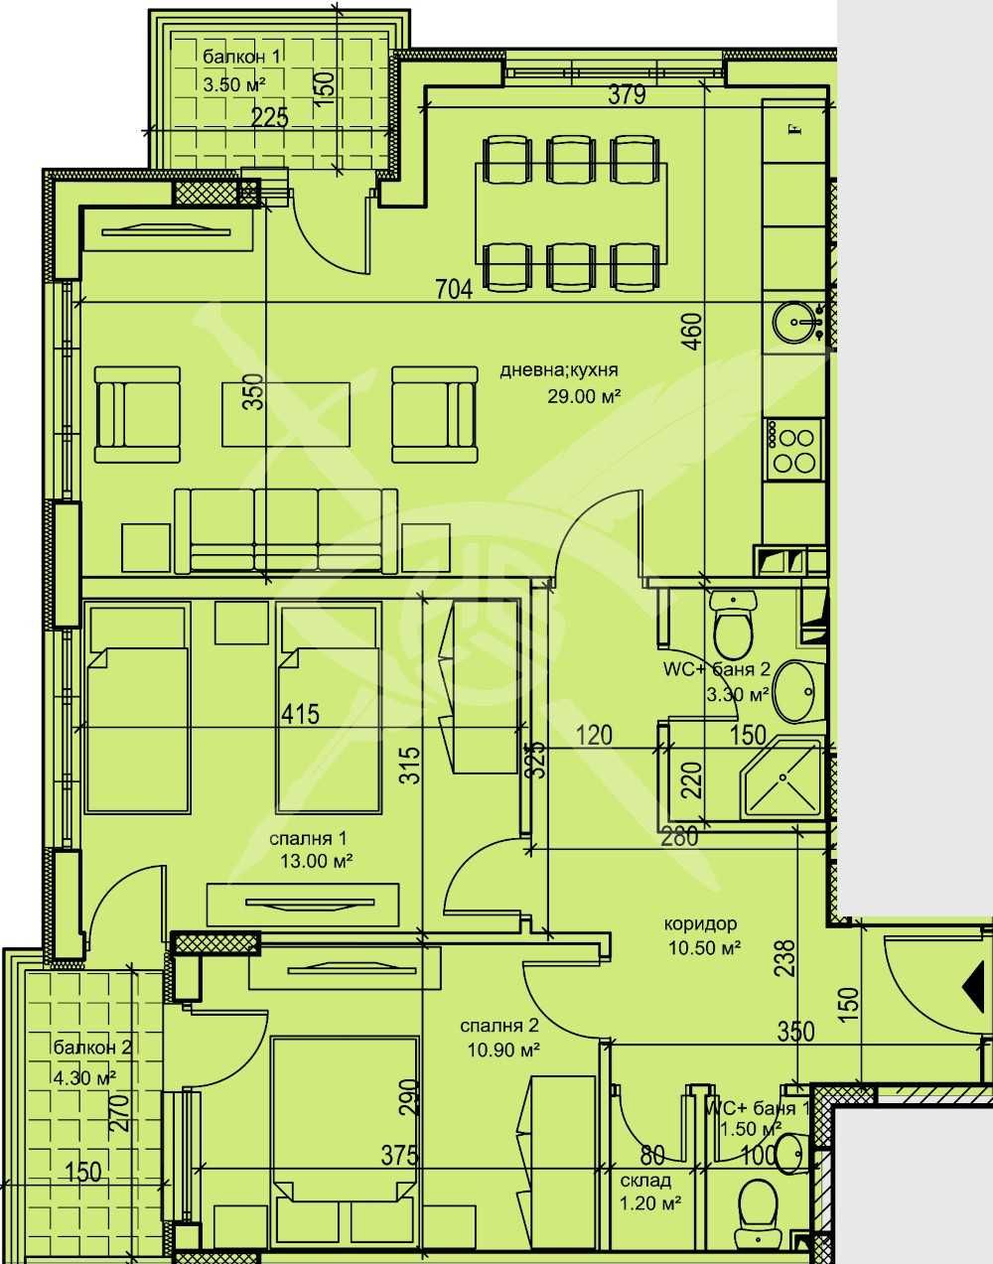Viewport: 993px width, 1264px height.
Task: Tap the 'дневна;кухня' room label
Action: tap(559, 370)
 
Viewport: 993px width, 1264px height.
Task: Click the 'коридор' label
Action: tap(701, 924)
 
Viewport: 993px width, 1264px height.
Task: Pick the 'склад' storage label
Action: tap(645, 1181)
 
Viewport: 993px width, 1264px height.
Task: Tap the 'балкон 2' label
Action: tap(92, 1047)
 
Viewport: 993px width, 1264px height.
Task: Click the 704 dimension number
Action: tap(453, 289)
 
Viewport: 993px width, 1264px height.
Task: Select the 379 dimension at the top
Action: tap(628, 95)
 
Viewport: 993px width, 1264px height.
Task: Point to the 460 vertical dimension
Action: tap(692, 332)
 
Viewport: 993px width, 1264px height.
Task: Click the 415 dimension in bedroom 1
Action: tap(301, 714)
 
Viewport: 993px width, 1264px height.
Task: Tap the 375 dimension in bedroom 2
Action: tap(398, 1155)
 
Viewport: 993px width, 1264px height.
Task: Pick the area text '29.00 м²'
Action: tap(584, 395)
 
